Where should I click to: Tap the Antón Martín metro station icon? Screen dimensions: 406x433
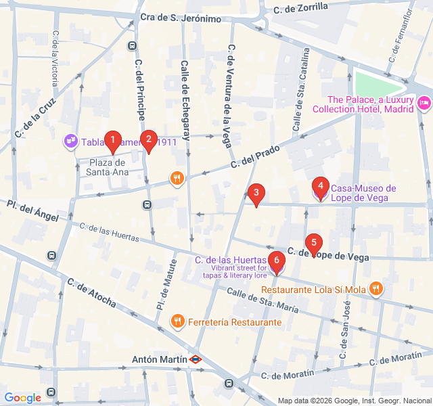point(196,359)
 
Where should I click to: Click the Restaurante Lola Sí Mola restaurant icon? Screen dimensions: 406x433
point(377,290)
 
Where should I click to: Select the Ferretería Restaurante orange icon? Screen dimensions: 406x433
point(177,321)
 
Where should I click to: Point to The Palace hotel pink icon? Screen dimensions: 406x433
point(424,103)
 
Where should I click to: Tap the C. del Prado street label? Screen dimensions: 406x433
point(255,157)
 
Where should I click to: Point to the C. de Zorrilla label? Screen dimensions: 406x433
point(300,7)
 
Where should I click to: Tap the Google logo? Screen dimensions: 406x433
point(22,398)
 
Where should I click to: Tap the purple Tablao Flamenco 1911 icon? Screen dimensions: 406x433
point(70,141)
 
